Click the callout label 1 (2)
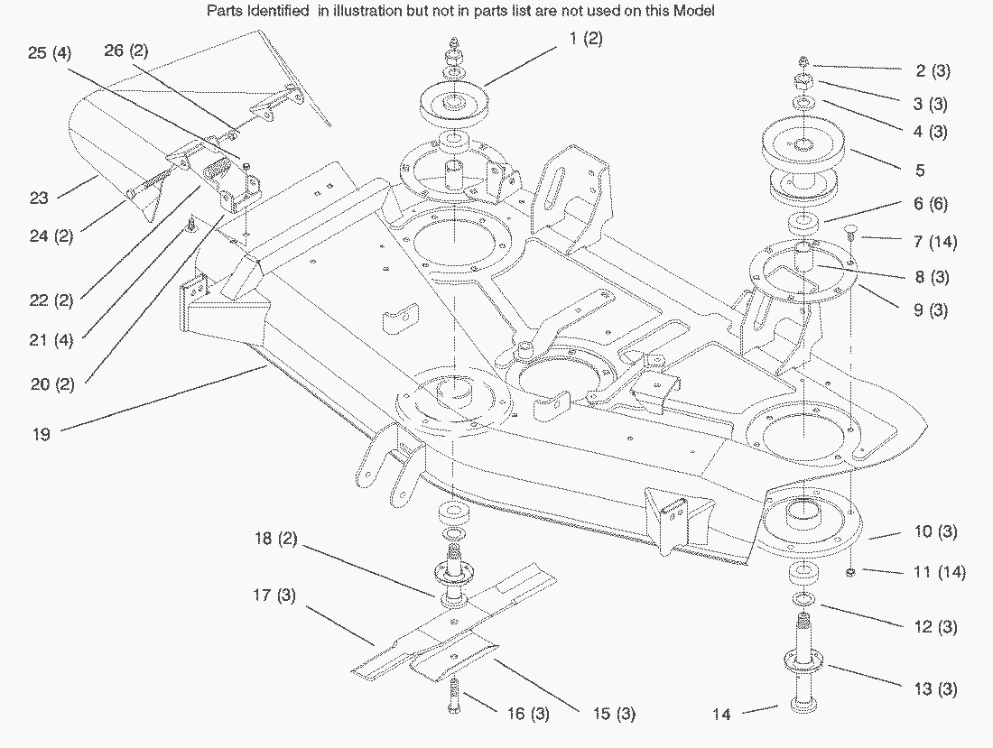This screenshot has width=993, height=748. [586, 39]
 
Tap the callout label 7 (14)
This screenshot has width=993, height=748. [935, 241]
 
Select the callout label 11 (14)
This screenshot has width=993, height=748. [940, 572]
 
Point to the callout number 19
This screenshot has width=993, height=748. [42, 434]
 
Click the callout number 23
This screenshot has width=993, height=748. [39, 198]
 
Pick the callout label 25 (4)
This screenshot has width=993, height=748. [50, 52]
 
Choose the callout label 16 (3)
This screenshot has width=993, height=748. [528, 714]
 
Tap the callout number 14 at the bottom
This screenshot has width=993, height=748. [721, 714]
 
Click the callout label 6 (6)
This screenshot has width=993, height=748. [931, 203]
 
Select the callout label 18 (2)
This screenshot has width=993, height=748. [275, 539]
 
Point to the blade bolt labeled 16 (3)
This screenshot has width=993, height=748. [454, 696]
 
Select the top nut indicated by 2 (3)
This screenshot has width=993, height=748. [803, 61]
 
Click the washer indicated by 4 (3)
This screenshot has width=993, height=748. [803, 102]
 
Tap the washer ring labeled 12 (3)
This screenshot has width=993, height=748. [803, 598]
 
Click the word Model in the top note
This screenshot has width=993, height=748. [695, 11]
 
